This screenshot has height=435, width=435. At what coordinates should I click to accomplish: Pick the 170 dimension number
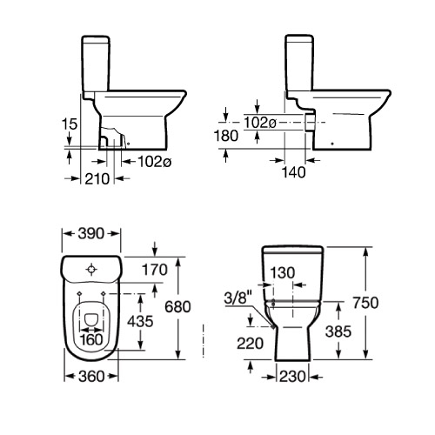153,271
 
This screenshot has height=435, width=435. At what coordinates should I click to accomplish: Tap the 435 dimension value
140,321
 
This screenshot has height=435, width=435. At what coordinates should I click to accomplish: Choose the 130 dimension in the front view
283,271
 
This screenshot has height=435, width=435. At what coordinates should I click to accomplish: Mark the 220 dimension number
251,343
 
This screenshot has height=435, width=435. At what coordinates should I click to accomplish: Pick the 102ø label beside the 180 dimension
260,122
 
